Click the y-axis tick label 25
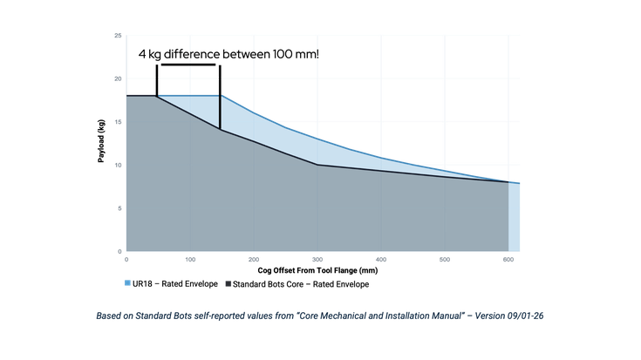pos(118,36)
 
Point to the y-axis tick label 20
pos(118,78)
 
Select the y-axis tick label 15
pos(118,122)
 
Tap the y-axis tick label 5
pos(119,208)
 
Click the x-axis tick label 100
pos(190,260)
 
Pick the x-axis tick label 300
pos(317,260)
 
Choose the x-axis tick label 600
pos(508,260)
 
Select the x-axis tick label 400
pos(381,260)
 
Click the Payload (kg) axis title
pos(101,141)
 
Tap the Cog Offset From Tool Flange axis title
pos(317,270)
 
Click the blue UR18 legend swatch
pos(127,283)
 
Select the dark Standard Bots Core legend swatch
pos(228,283)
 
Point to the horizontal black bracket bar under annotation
pos(188,65)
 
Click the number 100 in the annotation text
pos(282,54)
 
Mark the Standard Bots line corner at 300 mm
pos(317,165)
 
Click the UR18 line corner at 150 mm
pos(222,96)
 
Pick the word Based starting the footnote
pos(107,316)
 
